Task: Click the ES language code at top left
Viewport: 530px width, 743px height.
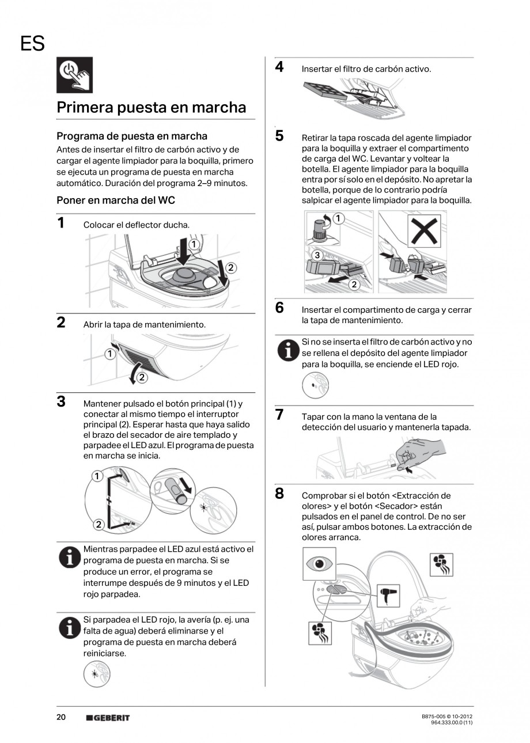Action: point(32,43)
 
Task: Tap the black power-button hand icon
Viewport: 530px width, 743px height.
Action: point(74,75)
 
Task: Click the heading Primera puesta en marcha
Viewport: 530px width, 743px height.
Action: point(152,108)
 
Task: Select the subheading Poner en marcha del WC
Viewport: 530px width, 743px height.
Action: point(115,200)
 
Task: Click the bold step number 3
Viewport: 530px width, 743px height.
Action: point(60,401)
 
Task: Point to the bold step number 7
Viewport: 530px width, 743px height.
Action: point(279,415)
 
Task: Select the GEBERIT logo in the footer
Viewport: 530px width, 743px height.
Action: point(108,718)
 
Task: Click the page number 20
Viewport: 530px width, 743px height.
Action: point(61,717)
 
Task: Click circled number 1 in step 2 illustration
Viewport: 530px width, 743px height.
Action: point(109,354)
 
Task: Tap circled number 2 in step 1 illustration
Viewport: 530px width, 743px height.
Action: point(230,267)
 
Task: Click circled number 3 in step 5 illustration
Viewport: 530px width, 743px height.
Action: point(316,255)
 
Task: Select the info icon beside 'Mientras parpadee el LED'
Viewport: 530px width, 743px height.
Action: point(70,558)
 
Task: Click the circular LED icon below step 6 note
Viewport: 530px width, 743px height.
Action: point(316,385)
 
